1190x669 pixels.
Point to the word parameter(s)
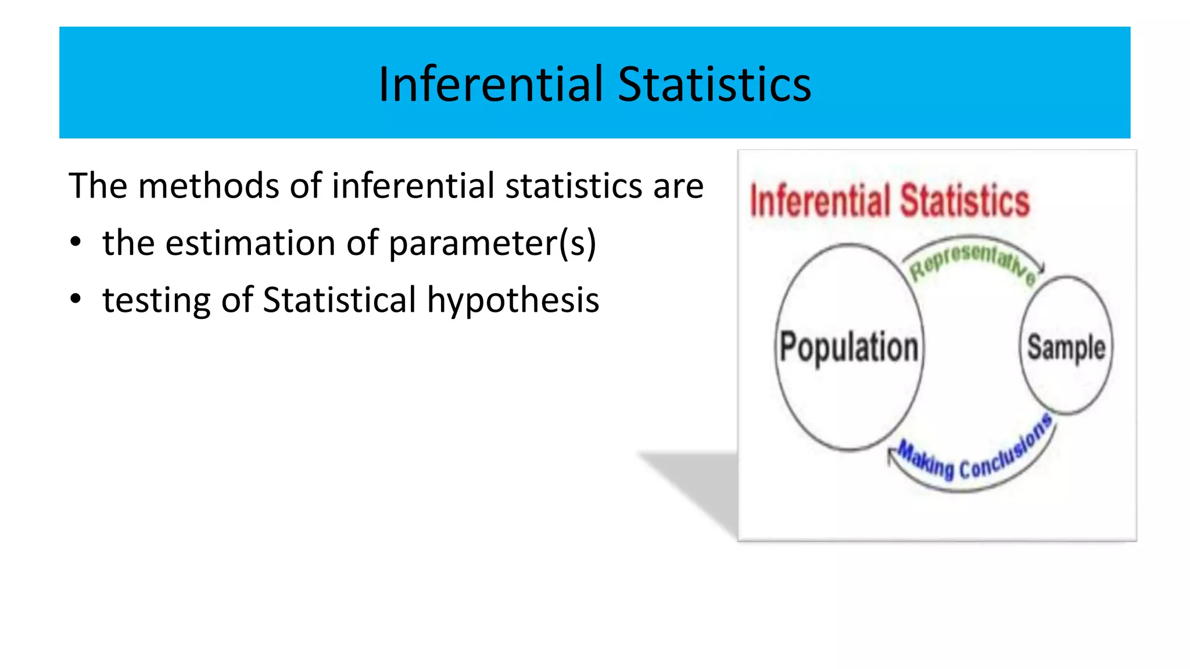[492, 244]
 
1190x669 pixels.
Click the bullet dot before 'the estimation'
[76, 243]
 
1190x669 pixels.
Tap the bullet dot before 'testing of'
[76, 300]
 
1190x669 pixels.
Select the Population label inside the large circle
[849, 347]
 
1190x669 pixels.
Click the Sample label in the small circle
[1066, 347]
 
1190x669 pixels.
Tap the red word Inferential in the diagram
[820, 201]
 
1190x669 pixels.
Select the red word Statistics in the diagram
[965, 201]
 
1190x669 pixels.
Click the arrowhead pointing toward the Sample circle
[1041, 268]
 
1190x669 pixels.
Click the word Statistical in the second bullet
[339, 301]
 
